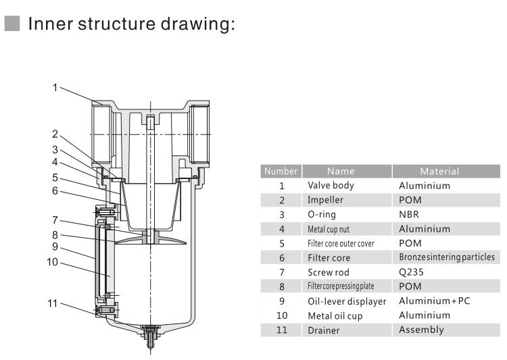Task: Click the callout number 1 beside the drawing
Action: (x=56, y=87)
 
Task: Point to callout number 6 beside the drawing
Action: (x=56, y=191)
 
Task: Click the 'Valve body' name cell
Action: (x=331, y=185)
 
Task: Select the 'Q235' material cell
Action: (x=412, y=272)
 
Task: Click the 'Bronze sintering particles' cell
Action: (x=446, y=257)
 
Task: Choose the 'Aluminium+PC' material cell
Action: (x=434, y=301)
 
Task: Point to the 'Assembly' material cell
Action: (x=421, y=330)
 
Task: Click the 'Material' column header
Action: (x=439, y=172)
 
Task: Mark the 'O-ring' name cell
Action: (x=322, y=214)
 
